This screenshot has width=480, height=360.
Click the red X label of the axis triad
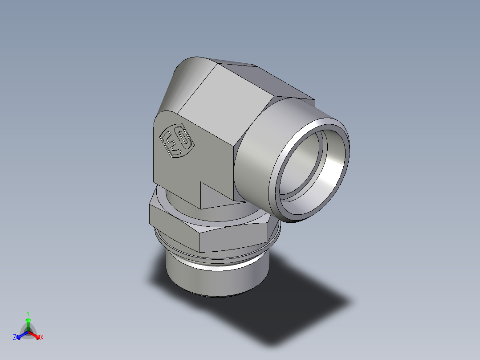tap(42, 338)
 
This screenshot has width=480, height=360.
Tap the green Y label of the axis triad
tap(28, 313)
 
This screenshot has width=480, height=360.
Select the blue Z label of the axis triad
tap(15, 338)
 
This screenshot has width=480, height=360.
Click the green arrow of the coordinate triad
tap(28, 323)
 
